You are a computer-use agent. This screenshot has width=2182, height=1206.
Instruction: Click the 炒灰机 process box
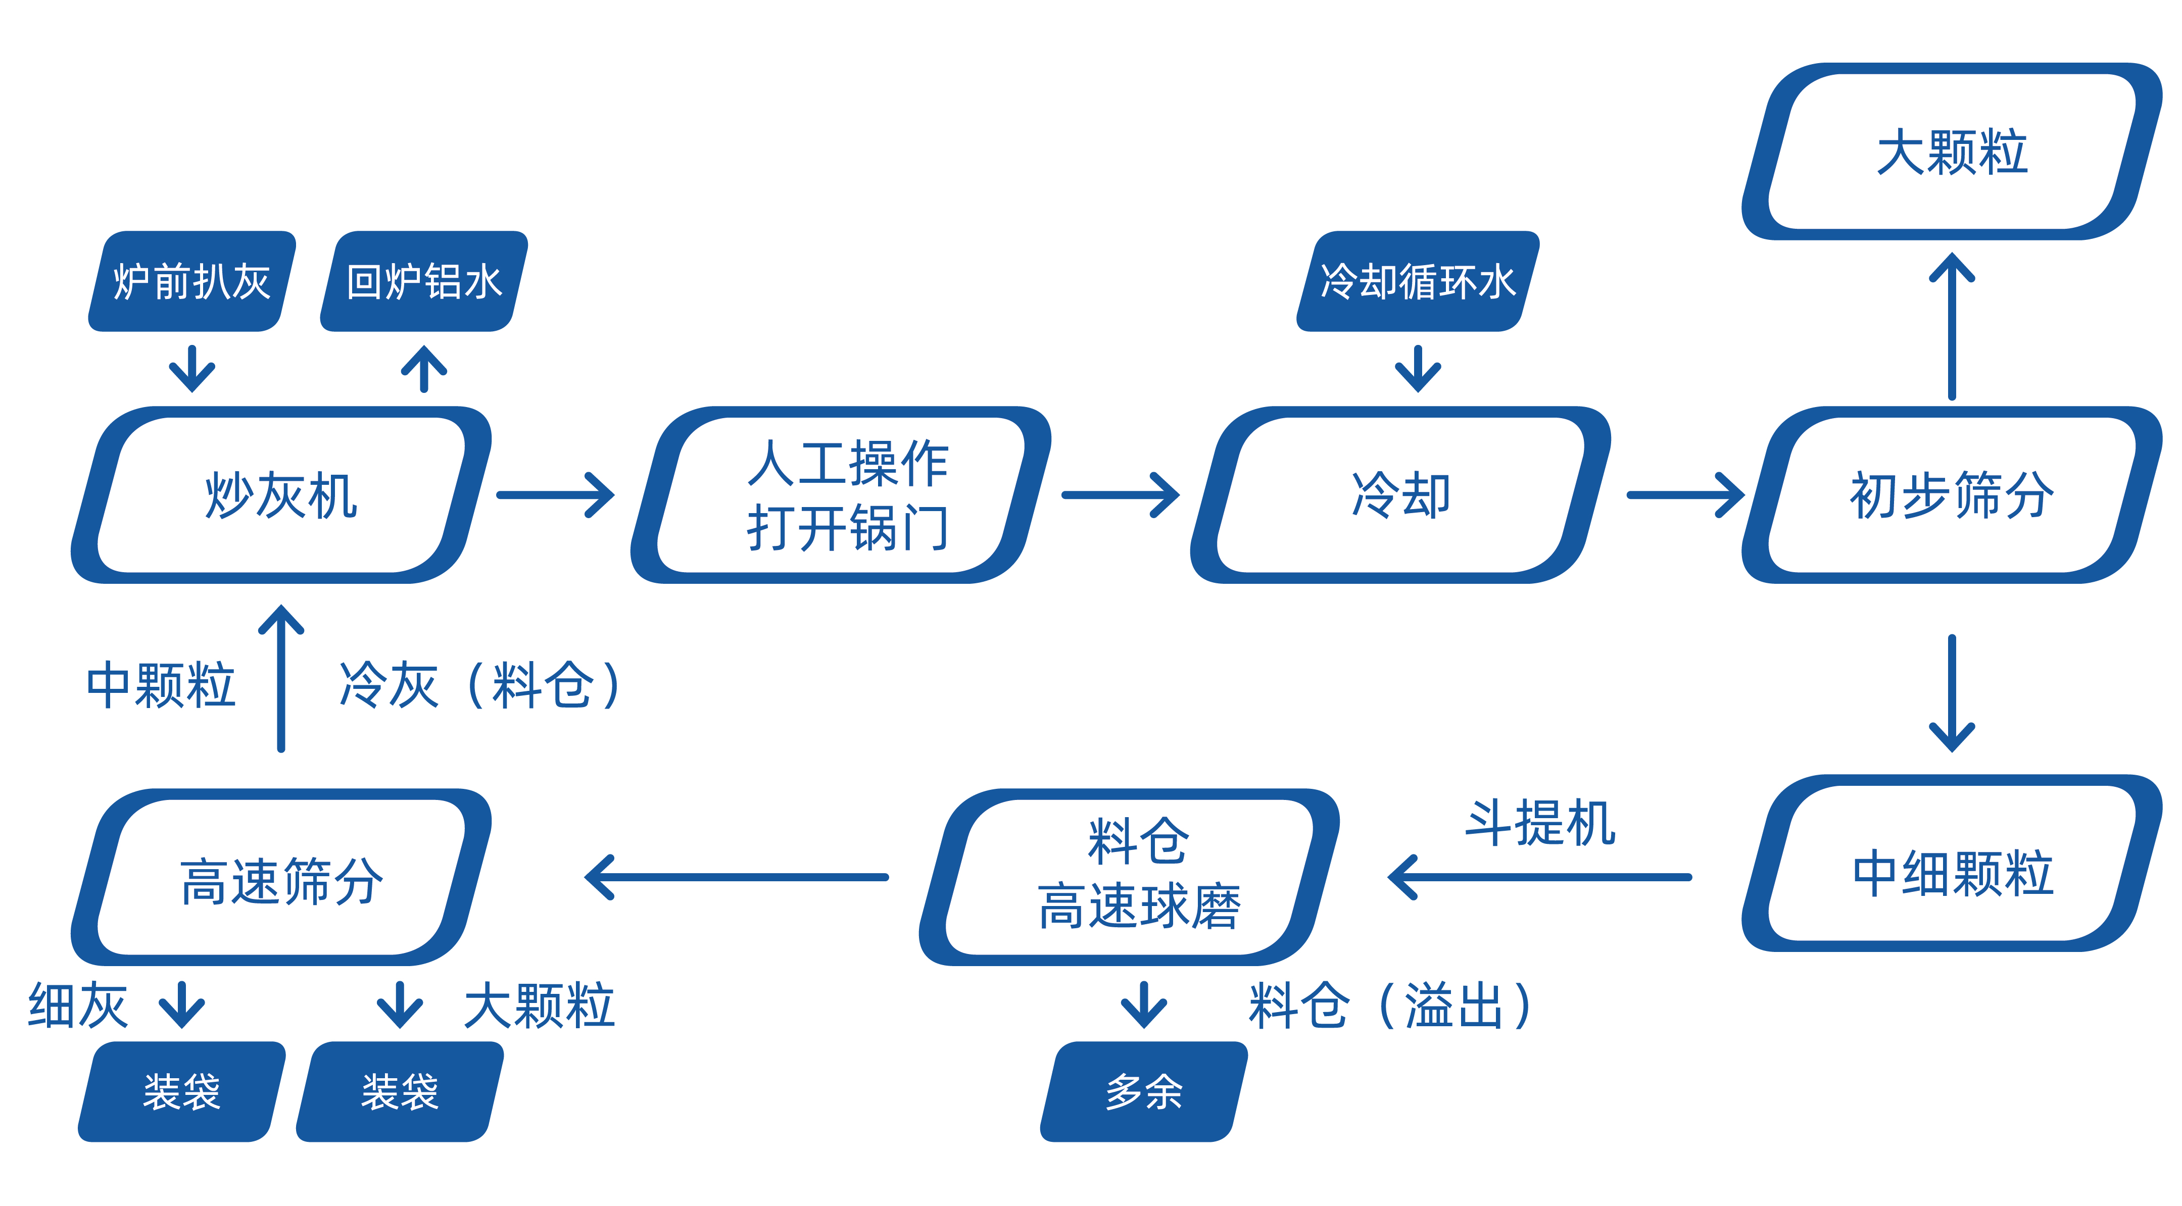(x=281, y=495)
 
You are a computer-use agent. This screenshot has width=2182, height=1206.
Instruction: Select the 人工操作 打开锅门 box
(x=842, y=495)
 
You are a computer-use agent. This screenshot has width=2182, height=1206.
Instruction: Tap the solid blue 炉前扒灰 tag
(x=192, y=281)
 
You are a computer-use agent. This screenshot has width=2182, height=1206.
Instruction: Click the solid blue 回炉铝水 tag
(x=423, y=281)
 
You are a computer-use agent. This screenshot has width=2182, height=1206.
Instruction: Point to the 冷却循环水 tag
(x=1417, y=281)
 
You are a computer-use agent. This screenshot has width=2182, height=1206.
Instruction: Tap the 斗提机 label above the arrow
(x=1540, y=823)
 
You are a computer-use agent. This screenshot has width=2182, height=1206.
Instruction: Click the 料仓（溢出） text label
(x=1389, y=1006)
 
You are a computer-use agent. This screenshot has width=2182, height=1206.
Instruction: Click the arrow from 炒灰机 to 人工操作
(x=555, y=495)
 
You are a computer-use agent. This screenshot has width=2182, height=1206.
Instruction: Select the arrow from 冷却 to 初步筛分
(x=1684, y=495)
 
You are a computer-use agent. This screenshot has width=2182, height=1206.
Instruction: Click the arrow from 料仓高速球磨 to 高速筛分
(x=737, y=877)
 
